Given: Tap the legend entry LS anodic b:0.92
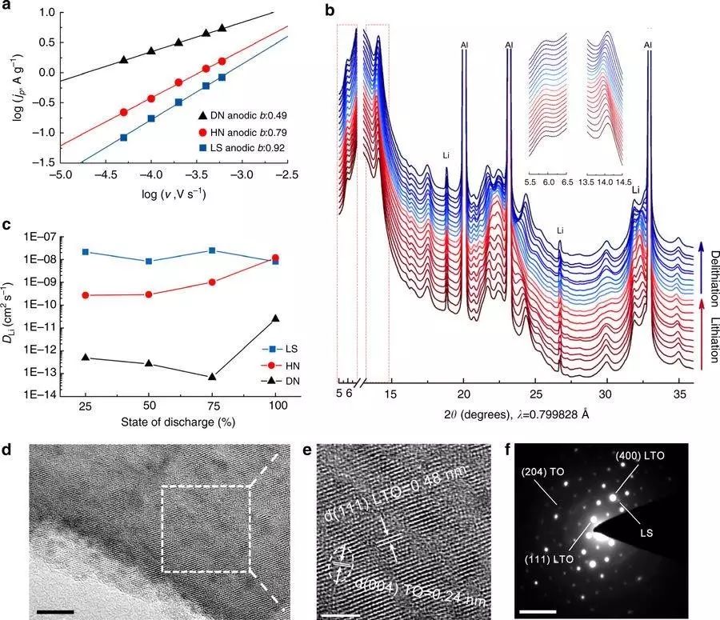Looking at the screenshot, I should click(246, 148).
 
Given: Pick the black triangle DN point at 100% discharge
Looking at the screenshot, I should click(276, 318).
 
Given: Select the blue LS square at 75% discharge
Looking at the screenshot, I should click(211, 250).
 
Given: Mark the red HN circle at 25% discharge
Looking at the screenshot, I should click(85, 295).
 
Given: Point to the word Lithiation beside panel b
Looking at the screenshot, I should click(711, 339).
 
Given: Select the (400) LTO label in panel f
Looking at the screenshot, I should click(641, 456).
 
